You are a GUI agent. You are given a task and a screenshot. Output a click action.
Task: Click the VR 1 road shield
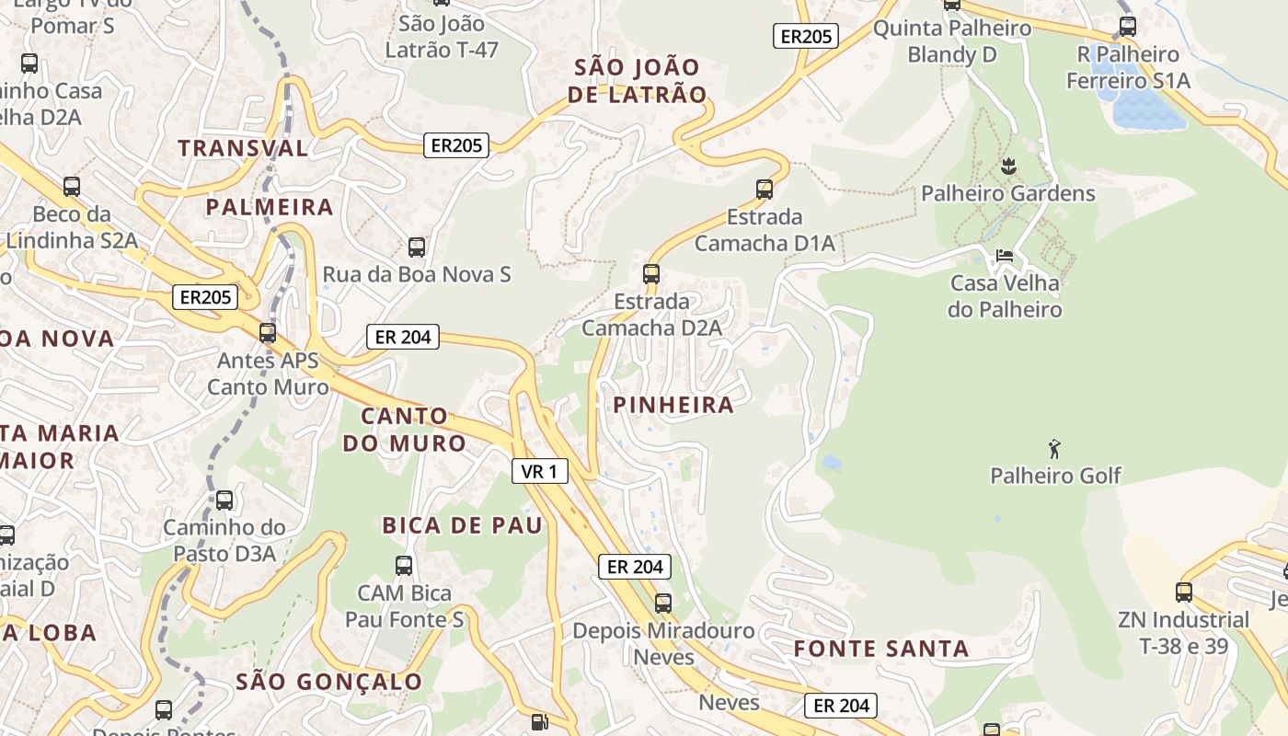(x=539, y=471)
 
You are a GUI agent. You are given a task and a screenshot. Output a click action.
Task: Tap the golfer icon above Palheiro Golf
(x=1054, y=449)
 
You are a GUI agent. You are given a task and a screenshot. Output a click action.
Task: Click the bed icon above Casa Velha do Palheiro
(x=1005, y=255)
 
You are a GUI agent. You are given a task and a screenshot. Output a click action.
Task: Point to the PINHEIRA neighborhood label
(x=673, y=405)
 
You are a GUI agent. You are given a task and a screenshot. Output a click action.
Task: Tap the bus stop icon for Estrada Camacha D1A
(x=764, y=190)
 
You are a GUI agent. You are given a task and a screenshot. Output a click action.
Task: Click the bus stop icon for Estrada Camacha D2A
(x=651, y=273)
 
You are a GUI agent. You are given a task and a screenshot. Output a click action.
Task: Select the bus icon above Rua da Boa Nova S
(x=417, y=247)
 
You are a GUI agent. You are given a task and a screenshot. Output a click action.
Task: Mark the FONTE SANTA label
(x=881, y=649)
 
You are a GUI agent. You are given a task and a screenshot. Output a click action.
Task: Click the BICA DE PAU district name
(x=463, y=525)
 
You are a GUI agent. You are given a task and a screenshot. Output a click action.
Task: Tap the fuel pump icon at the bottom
(x=540, y=723)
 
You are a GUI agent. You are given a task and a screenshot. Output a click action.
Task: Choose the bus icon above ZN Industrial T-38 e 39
(x=1184, y=592)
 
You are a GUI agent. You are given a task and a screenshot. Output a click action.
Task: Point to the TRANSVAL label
(x=243, y=148)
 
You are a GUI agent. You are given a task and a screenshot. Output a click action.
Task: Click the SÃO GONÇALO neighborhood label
(x=329, y=682)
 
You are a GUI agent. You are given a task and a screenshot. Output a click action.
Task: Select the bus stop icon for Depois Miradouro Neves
(x=663, y=604)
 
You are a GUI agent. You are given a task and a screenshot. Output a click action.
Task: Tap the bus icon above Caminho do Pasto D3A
(x=224, y=500)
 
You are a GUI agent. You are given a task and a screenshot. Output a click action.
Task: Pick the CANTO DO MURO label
(x=405, y=430)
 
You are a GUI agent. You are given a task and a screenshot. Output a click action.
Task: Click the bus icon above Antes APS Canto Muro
(x=268, y=332)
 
